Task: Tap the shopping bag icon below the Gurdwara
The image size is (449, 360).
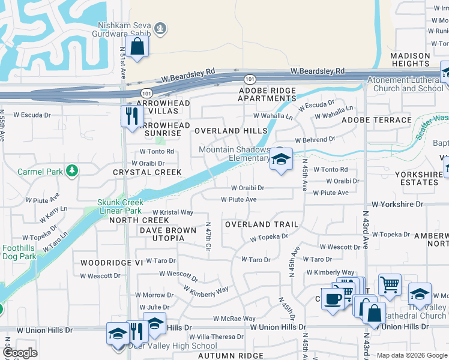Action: [x=137, y=47]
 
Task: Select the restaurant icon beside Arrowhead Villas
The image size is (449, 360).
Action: [x=130, y=115]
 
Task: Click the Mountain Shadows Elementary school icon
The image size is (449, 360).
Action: [x=280, y=160]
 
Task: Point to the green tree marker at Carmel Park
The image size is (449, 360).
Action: [x=72, y=172]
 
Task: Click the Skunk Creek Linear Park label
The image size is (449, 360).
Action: [x=120, y=206]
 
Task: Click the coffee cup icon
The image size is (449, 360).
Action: [x=332, y=298]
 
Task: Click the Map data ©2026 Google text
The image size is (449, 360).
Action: [x=412, y=355]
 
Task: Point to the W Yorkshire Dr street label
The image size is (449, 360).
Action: [x=397, y=205]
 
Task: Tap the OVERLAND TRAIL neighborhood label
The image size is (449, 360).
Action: [x=261, y=224]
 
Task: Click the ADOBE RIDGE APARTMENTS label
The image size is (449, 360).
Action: [x=267, y=94]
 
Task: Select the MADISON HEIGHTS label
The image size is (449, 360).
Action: [x=410, y=59]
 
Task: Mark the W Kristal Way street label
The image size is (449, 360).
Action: [x=172, y=212]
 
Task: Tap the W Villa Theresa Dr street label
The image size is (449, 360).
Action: [x=218, y=337]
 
